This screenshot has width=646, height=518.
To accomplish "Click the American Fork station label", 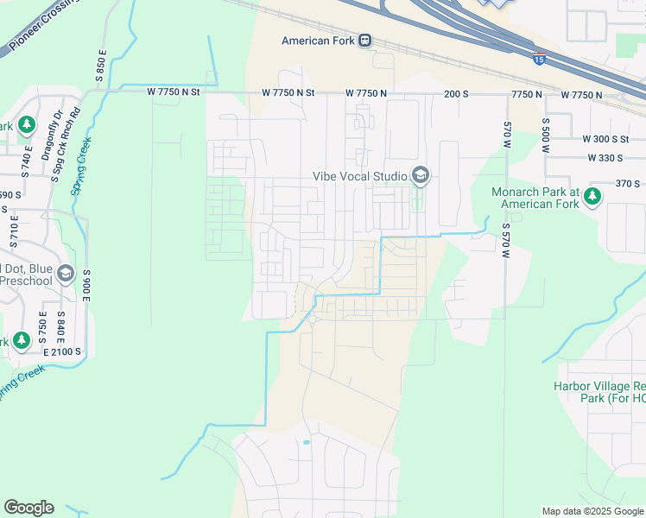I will click(319, 41).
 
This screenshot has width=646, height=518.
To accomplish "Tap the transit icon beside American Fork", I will click(365, 41).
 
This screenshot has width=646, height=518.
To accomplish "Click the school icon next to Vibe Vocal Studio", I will click(421, 176).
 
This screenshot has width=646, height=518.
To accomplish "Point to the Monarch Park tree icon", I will click(592, 197).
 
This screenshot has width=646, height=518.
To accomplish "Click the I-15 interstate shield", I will click(539, 59).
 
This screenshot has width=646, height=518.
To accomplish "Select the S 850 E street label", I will click(101, 66).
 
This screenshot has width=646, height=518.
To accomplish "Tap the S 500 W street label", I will click(546, 136).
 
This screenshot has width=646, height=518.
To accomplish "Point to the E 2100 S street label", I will click(60, 351).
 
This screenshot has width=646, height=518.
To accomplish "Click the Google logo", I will click(28, 508).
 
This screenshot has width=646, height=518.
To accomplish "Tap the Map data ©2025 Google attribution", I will click(592, 511).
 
